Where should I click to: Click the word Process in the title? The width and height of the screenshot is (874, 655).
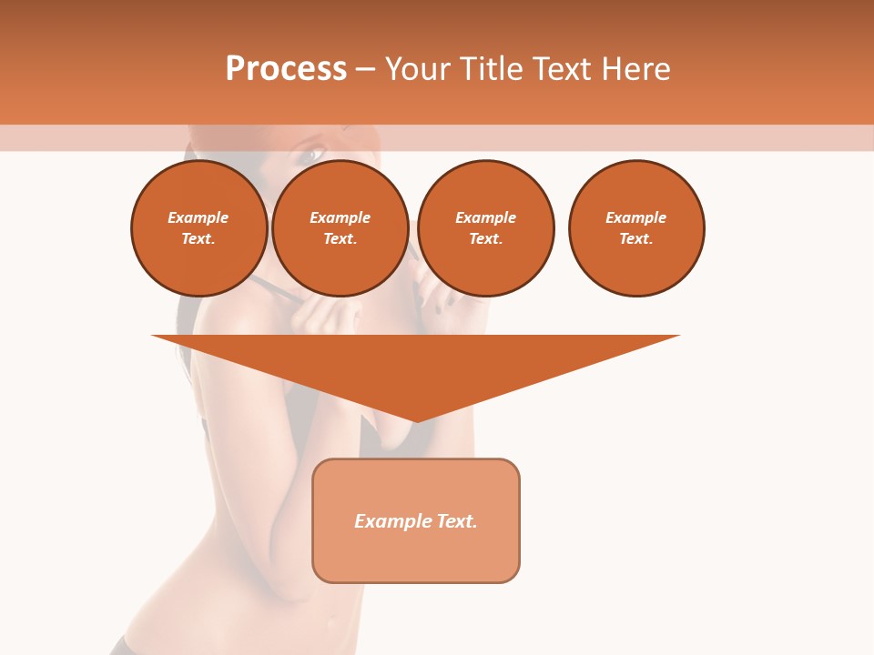[x=286, y=69]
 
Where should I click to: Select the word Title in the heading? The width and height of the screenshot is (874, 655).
[x=495, y=69]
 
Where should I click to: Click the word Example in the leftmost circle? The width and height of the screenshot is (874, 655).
[x=198, y=218]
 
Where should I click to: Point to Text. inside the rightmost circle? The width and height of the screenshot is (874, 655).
[x=635, y=239]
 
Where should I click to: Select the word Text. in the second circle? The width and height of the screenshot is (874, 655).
[x=340, y=239]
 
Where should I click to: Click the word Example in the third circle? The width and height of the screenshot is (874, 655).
[x=485, y=218]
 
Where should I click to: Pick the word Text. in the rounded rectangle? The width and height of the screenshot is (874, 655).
[x=456, y=521]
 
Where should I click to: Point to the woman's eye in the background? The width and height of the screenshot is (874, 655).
[x=311, y=155]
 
